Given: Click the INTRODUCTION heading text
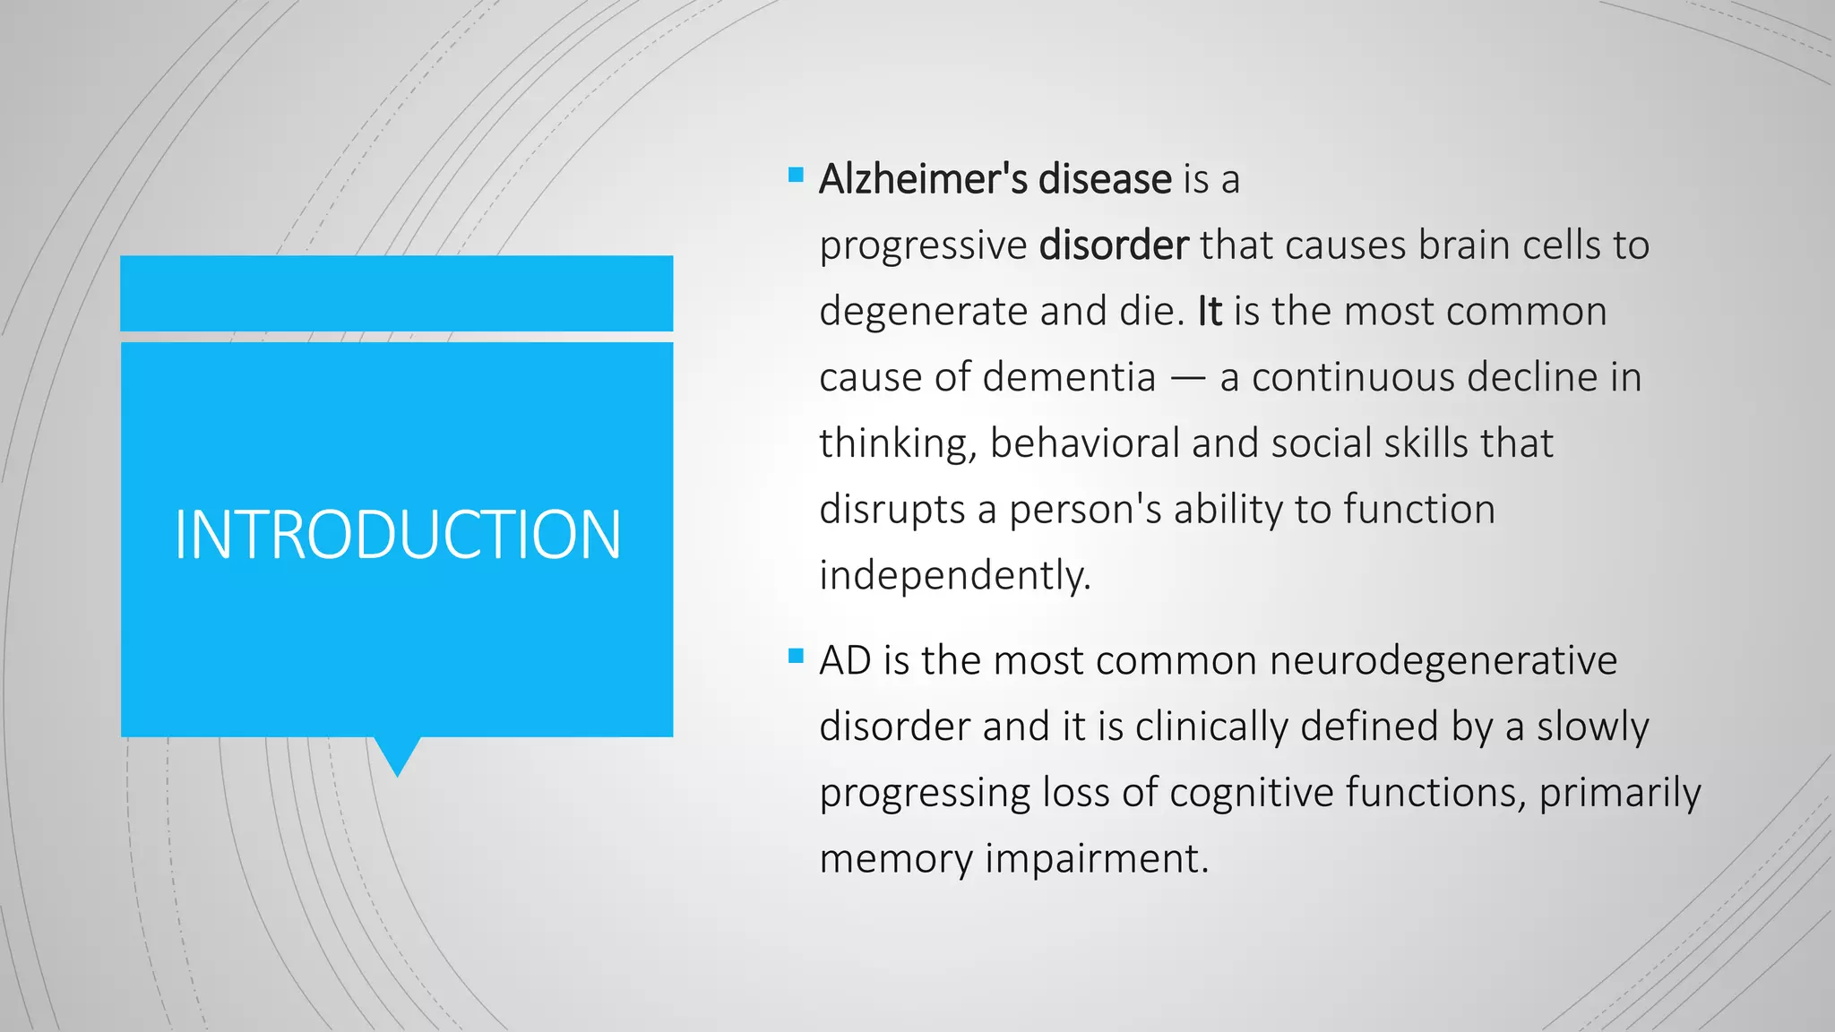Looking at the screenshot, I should tap(397, 535).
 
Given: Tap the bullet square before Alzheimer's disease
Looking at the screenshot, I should tap(796, 175).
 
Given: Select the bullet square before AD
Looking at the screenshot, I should tap(796, 656).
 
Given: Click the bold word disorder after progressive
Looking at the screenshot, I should tap(1114, 245).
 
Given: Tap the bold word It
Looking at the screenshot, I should tap(1210, 312).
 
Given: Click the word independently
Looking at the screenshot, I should tap(954, 575).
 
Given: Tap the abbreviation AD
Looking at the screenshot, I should tap(845, 661).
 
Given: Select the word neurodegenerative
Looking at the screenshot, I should tap(1443, 661).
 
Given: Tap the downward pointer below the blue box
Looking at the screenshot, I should tap(397, 755).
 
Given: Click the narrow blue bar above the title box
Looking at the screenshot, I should tap(397, 293).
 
